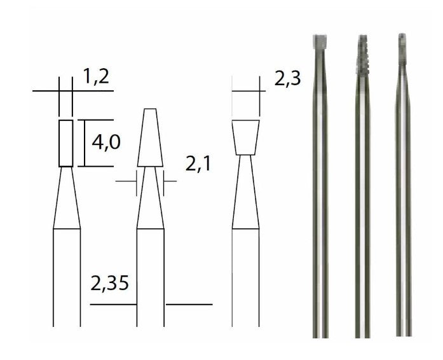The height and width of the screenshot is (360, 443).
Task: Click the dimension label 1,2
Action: click(x=96, y=76)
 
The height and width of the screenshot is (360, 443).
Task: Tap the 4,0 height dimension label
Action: click(x=106, y=142)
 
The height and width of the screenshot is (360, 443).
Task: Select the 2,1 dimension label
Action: click(x=198, y=163)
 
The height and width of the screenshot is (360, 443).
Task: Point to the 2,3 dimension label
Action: click(x=288, y=79)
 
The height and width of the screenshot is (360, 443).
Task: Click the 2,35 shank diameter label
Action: click(x=109, y=284)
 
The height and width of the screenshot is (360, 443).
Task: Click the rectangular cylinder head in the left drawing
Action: click(x=66, y=143)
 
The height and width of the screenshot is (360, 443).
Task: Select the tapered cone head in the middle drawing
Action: click(x=150, y=137)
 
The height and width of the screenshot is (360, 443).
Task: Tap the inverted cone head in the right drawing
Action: click(x=246, y=137)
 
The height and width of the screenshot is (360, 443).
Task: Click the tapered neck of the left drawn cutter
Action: click(x=67, y=197)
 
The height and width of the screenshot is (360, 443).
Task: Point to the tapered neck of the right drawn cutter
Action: click(x=245, y=191)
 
